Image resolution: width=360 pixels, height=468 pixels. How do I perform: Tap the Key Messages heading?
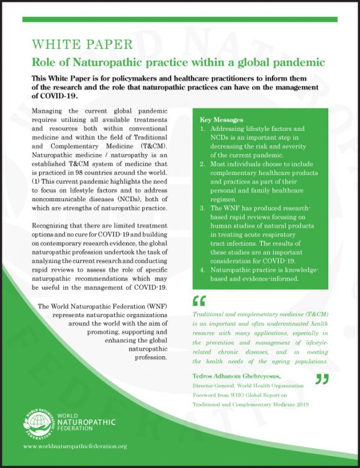pyautogui.click(x=221, y=119)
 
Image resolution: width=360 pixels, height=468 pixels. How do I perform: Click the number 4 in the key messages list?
pyautogui.click(x=202, y=270)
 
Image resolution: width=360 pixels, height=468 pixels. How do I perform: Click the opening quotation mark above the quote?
pyautogui.click(x=199, y=301)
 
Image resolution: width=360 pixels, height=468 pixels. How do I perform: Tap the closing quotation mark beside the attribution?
pyautogui.click(x=322, y=379)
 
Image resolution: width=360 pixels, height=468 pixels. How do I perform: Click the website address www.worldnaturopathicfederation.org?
pyautogui.click(x=74, y=446)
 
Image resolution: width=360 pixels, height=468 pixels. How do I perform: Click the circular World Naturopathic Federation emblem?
pyautogui.click(x=38, y=422)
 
